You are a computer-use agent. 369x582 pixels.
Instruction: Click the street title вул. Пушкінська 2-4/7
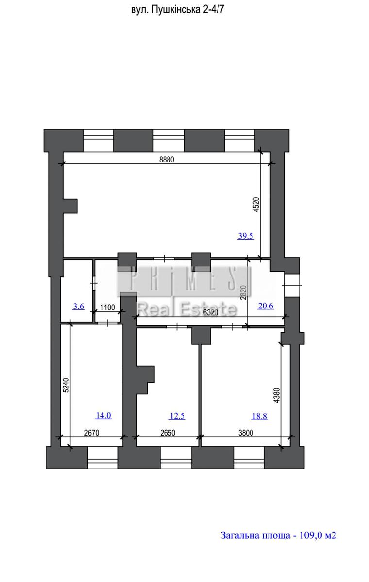(177, 10)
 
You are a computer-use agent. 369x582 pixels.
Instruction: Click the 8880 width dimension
(167, 159)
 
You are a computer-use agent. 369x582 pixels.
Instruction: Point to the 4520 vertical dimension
(256, 205)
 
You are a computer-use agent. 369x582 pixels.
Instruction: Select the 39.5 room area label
(246, 236)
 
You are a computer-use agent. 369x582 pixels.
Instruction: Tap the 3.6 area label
(79, 307)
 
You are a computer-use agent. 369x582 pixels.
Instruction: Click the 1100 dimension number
(107, 307)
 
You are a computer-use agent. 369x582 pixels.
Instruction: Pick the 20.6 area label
(266, 306)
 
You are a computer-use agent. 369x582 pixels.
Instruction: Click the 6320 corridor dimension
(211, 312)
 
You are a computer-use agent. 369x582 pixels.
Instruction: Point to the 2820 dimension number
(243, 293)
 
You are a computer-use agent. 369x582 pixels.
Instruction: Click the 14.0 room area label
(103, 415)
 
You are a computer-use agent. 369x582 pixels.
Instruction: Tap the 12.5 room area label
(177, 416)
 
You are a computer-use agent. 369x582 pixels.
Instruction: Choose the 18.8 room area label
(260, 416)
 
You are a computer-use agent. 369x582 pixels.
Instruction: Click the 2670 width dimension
(92, 433)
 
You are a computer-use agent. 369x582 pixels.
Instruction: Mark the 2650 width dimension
(168, 433)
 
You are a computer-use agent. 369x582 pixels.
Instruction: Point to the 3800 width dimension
(246, 433)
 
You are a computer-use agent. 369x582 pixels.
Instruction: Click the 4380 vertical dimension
(277, 395)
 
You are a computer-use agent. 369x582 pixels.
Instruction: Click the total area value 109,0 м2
(318, 535)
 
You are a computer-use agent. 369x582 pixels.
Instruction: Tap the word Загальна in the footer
(239, 535)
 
